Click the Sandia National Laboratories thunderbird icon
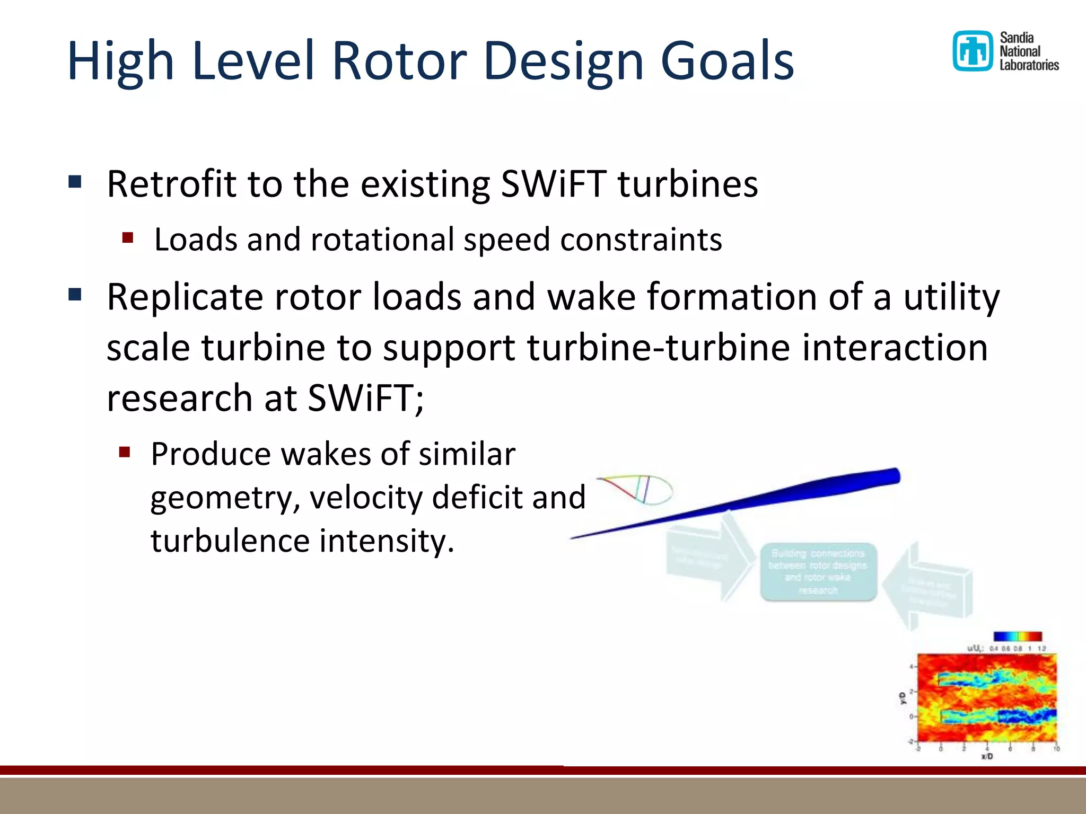[972, 51]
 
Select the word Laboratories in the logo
[1029, 65]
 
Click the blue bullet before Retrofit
[75, 182]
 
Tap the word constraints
[641, 240]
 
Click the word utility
[951, 297]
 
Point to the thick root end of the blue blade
[891, 476]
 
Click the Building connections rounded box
[818, 571]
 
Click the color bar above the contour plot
[1018, 636]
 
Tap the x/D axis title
[987, 756]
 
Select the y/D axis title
[902, 698]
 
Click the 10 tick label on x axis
[1056, 749]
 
